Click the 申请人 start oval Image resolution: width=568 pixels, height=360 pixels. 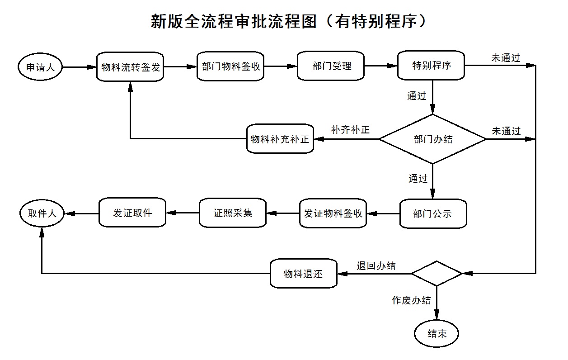coord(40,67)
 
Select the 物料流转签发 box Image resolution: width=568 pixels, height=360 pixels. coord(130,67)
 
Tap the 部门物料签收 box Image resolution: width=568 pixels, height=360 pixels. coord(230,66)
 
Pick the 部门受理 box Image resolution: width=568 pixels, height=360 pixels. coord(331,66)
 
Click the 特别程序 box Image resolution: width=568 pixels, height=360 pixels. coord(431,65)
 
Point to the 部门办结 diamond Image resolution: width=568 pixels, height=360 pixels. coord(433,139)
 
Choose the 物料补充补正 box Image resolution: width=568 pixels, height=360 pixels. coord(280,138)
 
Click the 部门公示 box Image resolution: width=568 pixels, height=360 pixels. coord(433,214)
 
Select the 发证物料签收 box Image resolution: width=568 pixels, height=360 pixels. coord(333,213)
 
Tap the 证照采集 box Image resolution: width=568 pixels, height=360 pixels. coord(233,213)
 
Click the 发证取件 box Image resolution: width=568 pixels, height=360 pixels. coord(132,213)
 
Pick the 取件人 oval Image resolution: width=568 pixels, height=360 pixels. coord(42,213)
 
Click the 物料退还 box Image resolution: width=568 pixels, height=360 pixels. coord(304,274)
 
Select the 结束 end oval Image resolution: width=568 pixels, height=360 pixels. coord(437,334)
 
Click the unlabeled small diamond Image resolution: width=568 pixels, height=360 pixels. coord(437,274)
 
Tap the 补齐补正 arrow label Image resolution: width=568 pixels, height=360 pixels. coord(350,130)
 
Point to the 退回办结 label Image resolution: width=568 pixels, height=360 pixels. coord(376,266)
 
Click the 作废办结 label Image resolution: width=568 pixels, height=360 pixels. coord(411,300)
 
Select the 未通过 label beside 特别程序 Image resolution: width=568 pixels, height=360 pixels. coord(506,58)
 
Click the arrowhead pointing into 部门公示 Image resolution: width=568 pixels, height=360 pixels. coord(432,194)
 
